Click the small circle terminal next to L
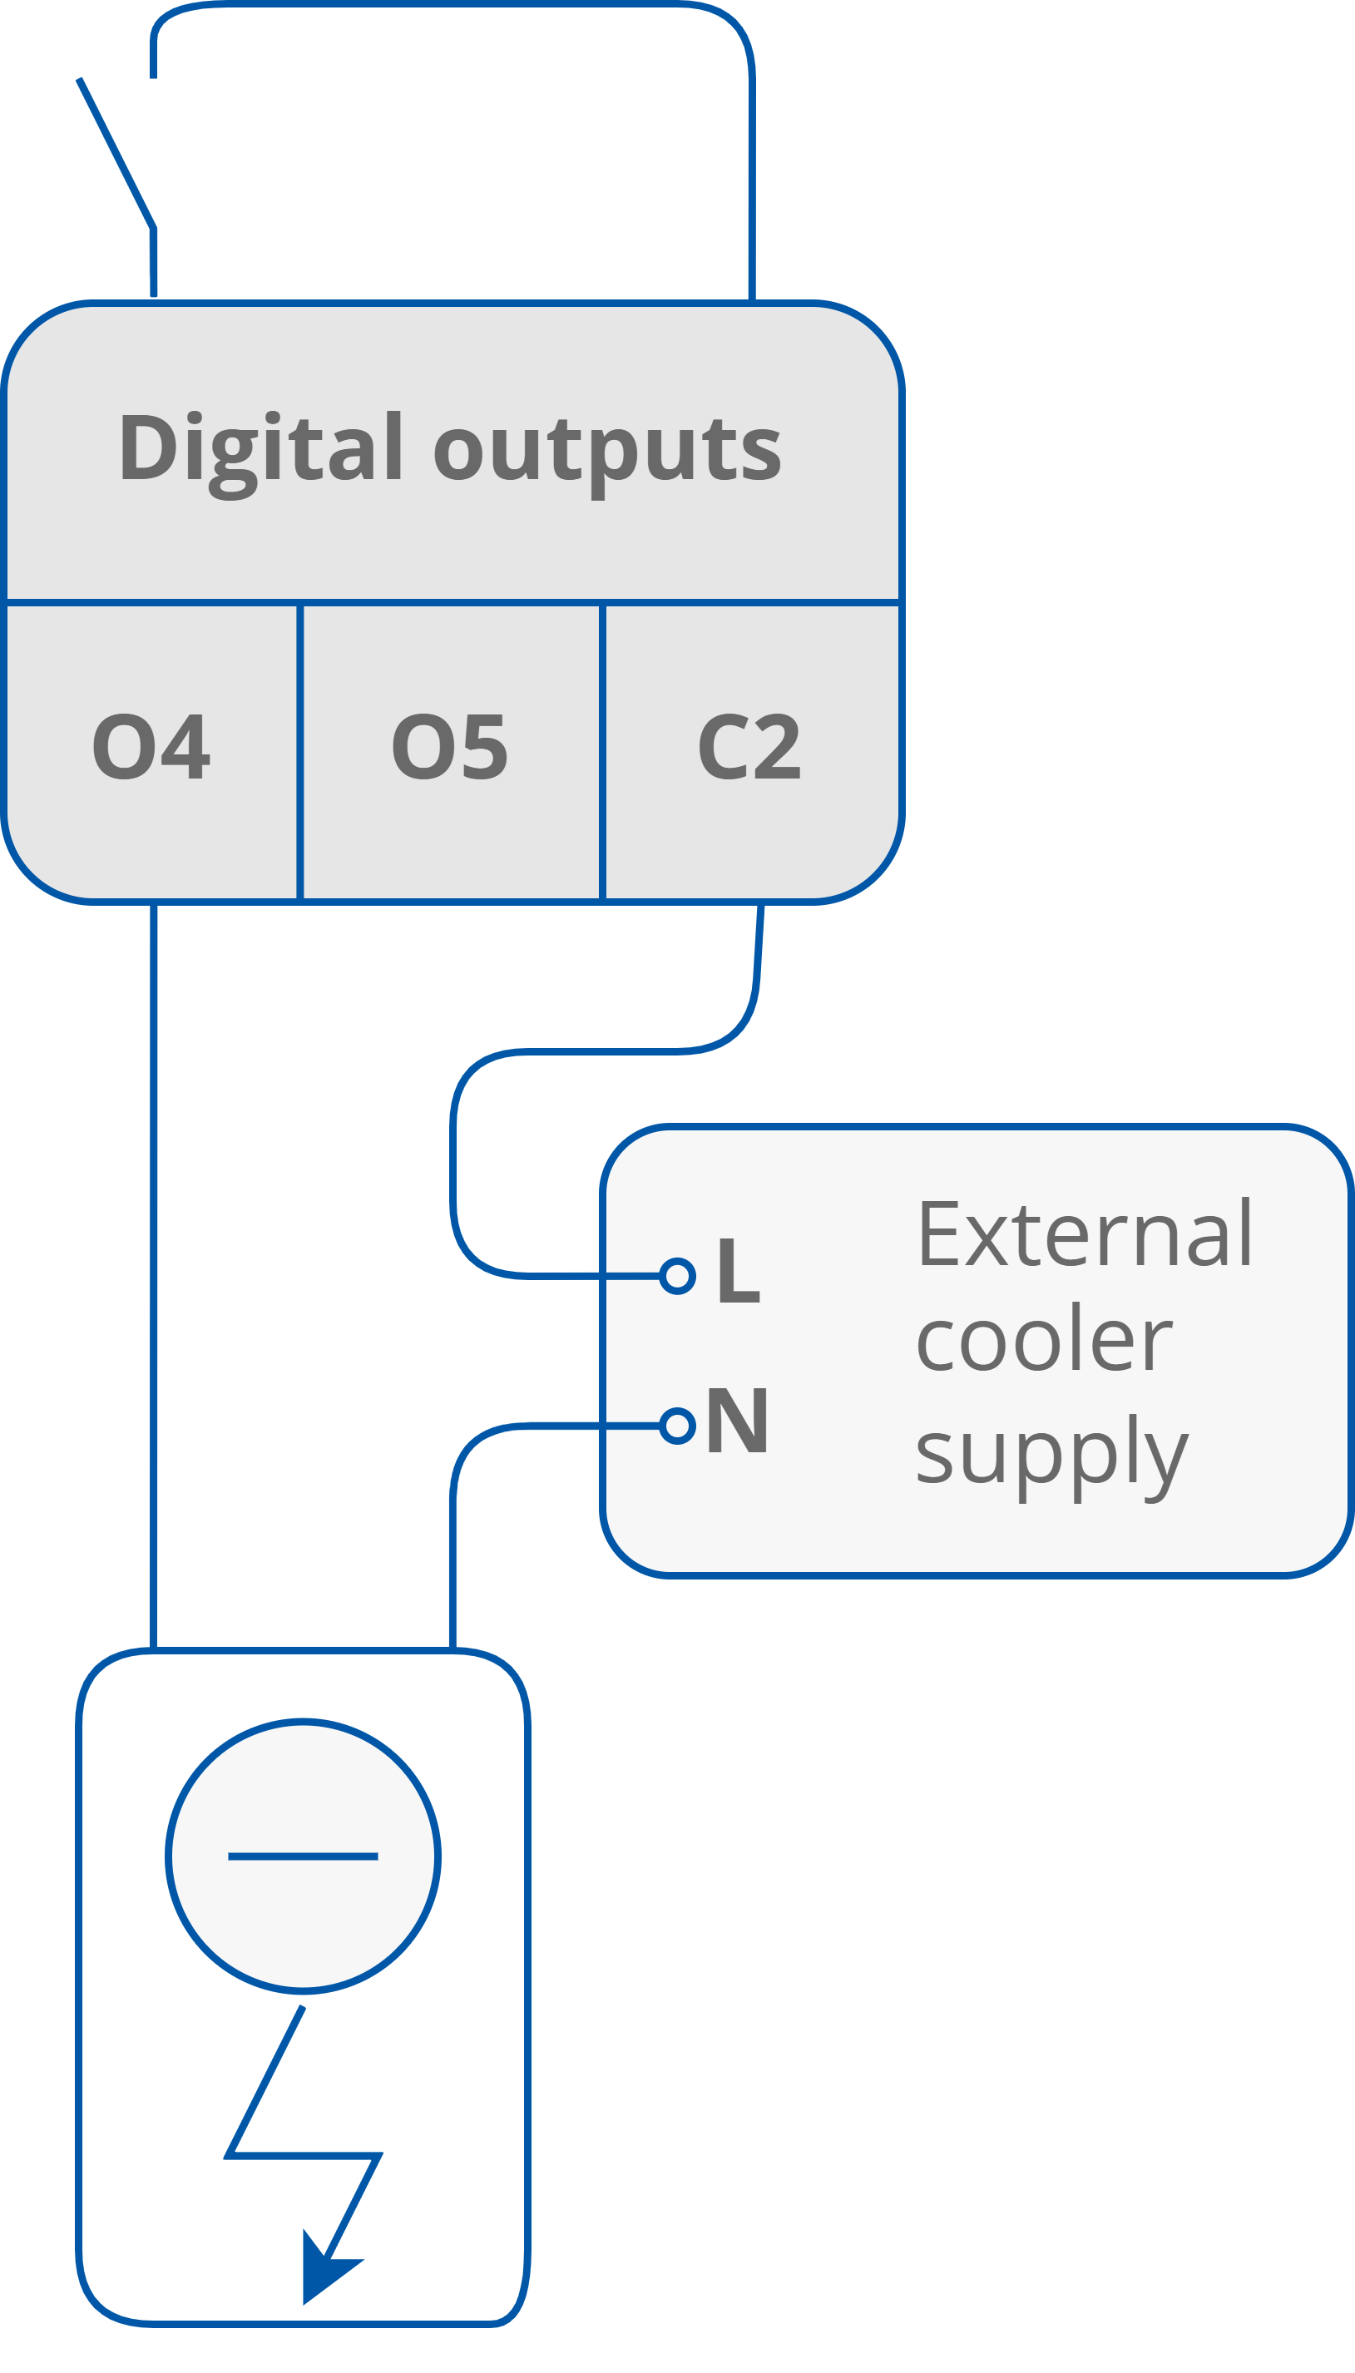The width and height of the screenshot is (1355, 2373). pos(677,1275)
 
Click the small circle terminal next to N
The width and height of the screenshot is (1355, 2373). pos(677,1426)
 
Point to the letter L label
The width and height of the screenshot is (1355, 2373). pos(739,1273)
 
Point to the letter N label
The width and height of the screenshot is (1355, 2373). pos(738,1422)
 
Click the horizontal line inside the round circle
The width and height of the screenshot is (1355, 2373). pos(304,1856)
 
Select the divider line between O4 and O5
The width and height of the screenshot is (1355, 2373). pos(299,752)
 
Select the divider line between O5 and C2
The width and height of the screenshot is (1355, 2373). pos(603,752)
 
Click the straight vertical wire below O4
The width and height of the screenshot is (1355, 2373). pos(154,1275)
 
